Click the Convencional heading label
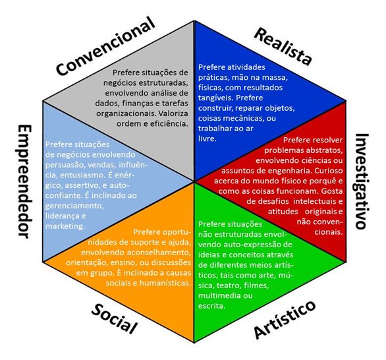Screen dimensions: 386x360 coord(106,46)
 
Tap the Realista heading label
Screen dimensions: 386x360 coord(283,47)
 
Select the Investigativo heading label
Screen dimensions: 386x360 coord(362,181)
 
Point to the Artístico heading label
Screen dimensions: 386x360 coord(285,320)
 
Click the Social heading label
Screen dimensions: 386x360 coord(114,318)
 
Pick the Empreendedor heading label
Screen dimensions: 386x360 coord(24,181)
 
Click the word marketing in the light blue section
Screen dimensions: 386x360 coord(65,226)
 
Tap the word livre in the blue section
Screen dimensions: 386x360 coord(207,138)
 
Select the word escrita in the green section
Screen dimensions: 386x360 coord(211,306)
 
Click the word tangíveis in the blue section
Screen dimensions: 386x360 coord(215,98)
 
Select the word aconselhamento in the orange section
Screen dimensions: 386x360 coord(159,253)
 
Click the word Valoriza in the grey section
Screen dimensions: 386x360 coord(173,113)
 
